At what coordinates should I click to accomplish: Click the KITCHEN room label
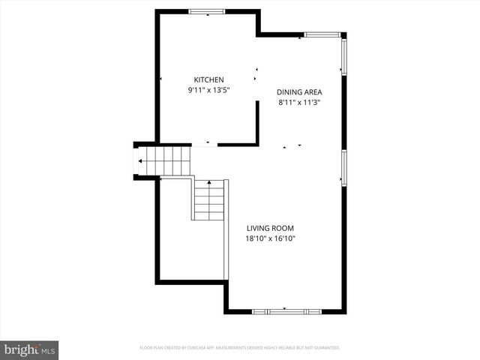click(x=208, y=80)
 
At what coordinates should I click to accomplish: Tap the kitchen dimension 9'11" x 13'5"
click(x=208, y=90)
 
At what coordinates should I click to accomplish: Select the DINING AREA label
click(x=299, y=92)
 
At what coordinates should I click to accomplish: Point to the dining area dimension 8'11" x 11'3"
click(x=299, y=103)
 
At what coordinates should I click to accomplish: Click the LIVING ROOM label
click(x=270, y=228)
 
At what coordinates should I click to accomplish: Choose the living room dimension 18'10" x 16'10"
click(x=270, y=238)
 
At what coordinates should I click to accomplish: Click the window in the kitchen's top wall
click(x=205, y=11)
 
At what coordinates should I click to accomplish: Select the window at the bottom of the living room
click(x=286, y=310)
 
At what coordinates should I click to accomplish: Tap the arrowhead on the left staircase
click(x=140, y=160)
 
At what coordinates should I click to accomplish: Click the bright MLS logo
click(x=30, y=349)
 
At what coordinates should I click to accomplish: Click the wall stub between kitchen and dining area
click(x=257, y=120)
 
